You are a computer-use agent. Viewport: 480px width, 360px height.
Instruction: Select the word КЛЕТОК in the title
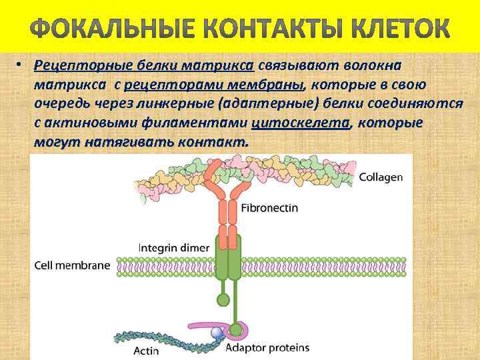(399, 28)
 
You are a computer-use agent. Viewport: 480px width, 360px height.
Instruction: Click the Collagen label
(381, 177)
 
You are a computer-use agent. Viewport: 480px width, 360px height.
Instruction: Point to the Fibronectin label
(269, 208)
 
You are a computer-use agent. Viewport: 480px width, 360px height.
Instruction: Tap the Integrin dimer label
(174, 247)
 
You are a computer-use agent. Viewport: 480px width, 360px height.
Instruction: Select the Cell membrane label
(72, 265)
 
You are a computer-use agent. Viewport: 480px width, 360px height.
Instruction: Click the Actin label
(146, 350)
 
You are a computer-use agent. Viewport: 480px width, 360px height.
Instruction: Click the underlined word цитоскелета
(301, 124)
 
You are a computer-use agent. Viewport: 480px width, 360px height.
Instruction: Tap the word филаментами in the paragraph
(189, 124)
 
